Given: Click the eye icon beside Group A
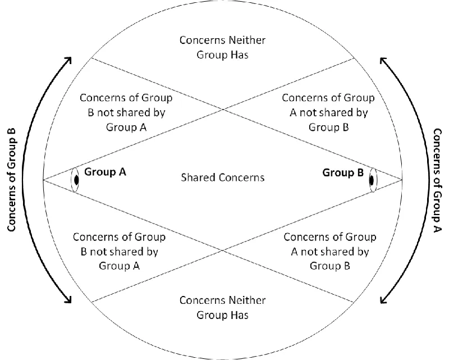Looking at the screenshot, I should (x=75, y=180).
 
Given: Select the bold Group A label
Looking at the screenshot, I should (x=105, y=172).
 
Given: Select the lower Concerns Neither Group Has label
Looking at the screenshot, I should (x=223, y=307).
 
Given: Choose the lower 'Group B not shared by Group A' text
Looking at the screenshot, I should (x=119, y=251).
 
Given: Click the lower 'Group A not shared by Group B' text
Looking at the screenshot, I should (x=330, y=251).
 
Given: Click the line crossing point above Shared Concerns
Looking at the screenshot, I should (x=223, y=109).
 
